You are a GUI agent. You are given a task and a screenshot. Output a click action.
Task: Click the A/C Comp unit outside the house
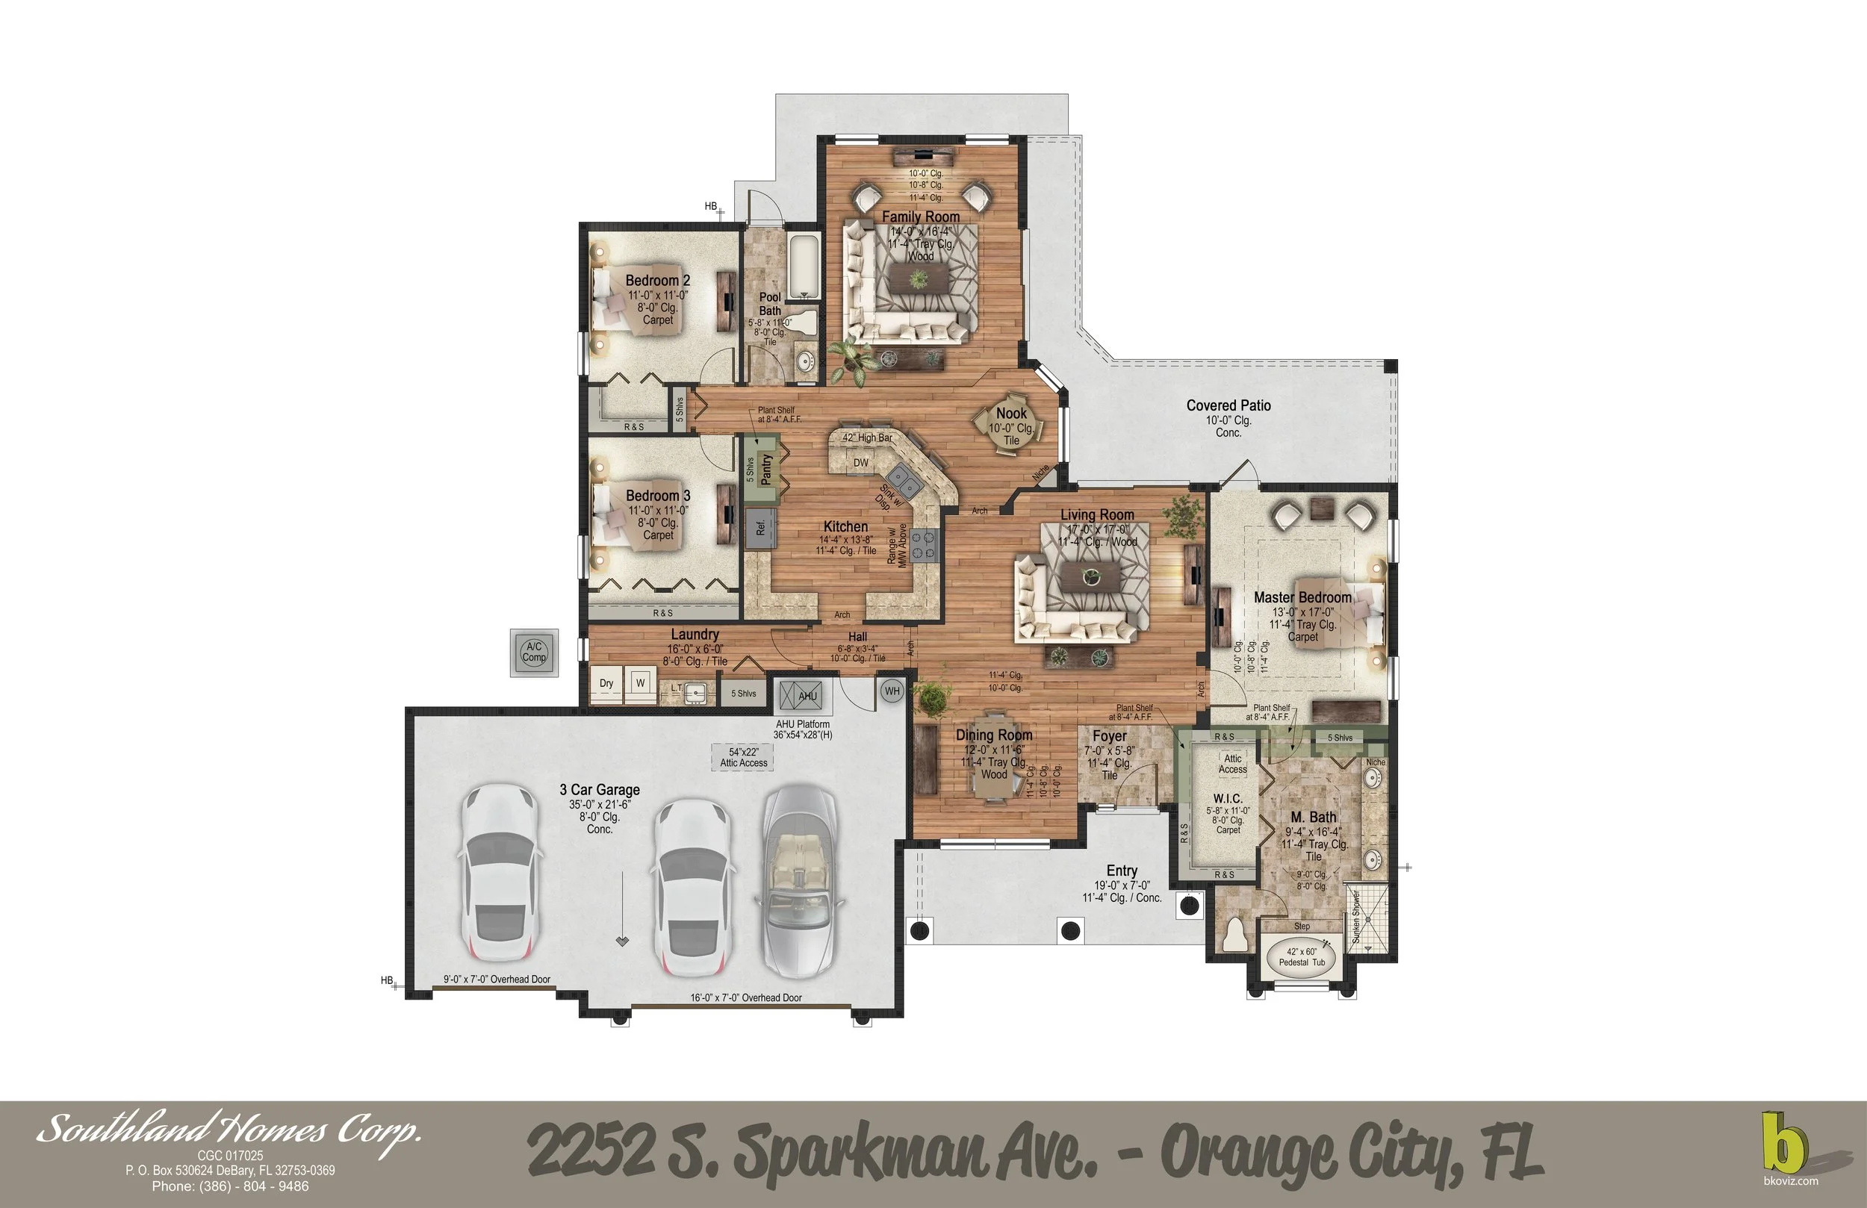[534, 652]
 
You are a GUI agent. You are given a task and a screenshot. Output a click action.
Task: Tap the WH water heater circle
[892, 691]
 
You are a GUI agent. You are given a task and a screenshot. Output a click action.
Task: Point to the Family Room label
[920, 217]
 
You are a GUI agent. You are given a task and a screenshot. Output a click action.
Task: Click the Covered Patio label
[1228, 405]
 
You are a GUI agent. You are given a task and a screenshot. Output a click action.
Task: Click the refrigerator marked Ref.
[759, 527]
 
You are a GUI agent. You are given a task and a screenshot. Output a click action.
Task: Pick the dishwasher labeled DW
[860, 463]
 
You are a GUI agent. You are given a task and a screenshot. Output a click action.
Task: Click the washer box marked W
[641, 682]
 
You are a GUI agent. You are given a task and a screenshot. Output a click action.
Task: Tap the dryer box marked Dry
[606, 682]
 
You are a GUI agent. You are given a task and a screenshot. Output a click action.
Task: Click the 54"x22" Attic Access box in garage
[744, 757]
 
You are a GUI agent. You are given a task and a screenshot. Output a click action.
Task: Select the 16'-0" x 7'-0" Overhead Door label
[745, 997]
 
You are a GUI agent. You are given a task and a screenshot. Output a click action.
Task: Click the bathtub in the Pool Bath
[804, 267]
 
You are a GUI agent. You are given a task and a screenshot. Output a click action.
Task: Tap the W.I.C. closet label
[1228, 799]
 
